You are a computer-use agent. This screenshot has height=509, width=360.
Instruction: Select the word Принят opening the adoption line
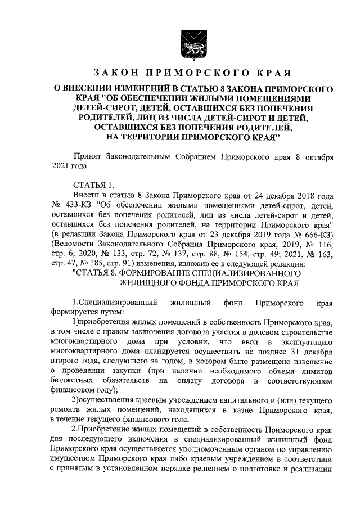(x=89, y=156)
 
